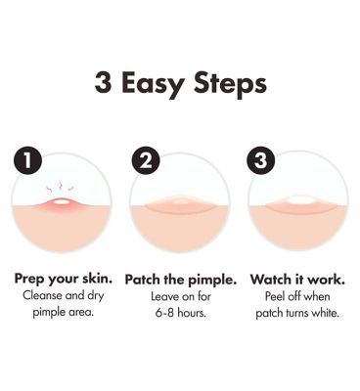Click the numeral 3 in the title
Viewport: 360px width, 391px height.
103,83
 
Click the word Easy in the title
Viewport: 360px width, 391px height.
153,85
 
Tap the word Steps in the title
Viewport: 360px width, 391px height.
230,85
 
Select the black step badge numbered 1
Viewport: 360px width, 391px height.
27,160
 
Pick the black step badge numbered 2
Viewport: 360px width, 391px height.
146,160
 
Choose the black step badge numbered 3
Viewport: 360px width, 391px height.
261,160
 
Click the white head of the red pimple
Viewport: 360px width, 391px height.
62,202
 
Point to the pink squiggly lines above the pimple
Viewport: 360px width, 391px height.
61,188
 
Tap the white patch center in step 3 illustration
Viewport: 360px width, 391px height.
299,199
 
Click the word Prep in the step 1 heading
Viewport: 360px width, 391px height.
30,280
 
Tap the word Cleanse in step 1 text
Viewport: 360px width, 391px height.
42,296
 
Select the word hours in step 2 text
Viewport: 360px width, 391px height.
193,313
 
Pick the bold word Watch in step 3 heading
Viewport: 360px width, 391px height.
270,280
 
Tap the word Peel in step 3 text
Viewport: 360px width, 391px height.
273,296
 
